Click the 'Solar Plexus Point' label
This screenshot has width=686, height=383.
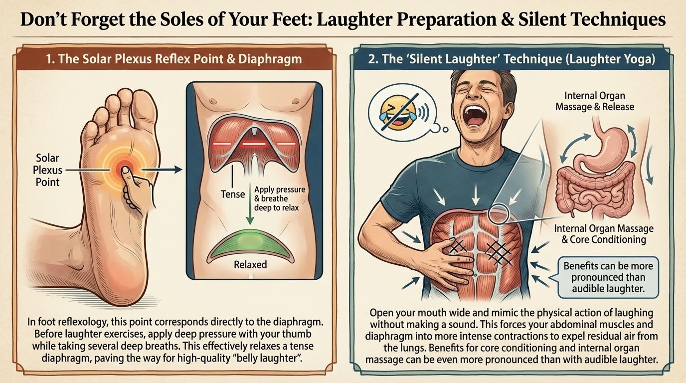coord(47,170)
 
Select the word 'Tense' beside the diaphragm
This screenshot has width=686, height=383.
coord(233,194)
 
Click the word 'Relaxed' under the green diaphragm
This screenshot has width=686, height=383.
coord(250,264)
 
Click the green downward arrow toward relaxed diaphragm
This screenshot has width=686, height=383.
coord(250,204)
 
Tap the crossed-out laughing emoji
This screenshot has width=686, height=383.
coord(398,112)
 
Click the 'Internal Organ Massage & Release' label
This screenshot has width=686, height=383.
coord(595,101)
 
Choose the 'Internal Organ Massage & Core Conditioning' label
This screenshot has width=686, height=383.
coord(604,234)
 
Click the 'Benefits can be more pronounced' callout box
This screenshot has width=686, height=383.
coord(608,277)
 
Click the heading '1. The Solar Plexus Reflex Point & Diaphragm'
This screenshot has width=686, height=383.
coord(174,59)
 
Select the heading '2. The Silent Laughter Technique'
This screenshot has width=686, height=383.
coord(512,59)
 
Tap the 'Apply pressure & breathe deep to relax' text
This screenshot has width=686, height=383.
coord(279,198)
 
